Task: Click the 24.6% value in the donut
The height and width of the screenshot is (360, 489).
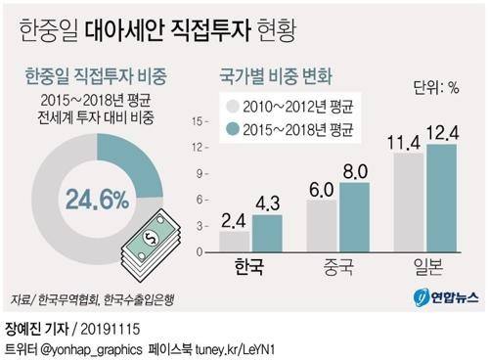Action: coord(97,201)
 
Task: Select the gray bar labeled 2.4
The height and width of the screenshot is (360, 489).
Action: coord(236,242)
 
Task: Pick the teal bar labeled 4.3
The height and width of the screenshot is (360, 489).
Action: coord(267,234)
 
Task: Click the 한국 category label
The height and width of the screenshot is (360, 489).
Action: coord(250,267)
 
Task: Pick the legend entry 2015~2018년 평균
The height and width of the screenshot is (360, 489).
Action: coord(277,129)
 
